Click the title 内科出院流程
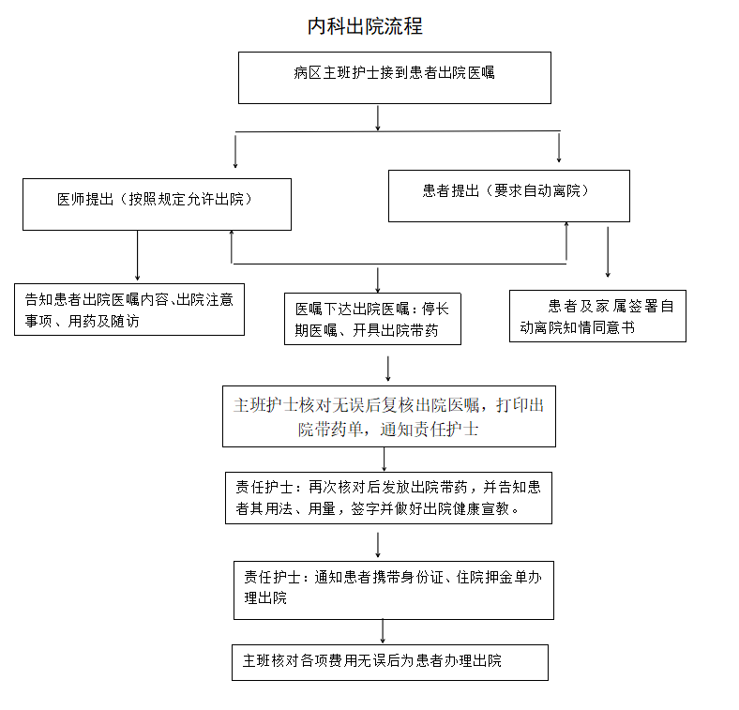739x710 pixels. pos(365,26)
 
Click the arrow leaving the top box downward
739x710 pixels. pos(378,118)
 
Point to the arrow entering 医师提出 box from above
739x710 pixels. pos(235,151)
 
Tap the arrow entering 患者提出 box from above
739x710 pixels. pos(559,147)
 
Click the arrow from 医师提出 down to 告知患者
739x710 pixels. pos(137,255)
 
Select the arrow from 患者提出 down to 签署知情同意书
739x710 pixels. pos(608,252)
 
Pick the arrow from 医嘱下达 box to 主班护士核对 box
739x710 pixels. pos(388,369)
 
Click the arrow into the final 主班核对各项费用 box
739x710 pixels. pos(383,631)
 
